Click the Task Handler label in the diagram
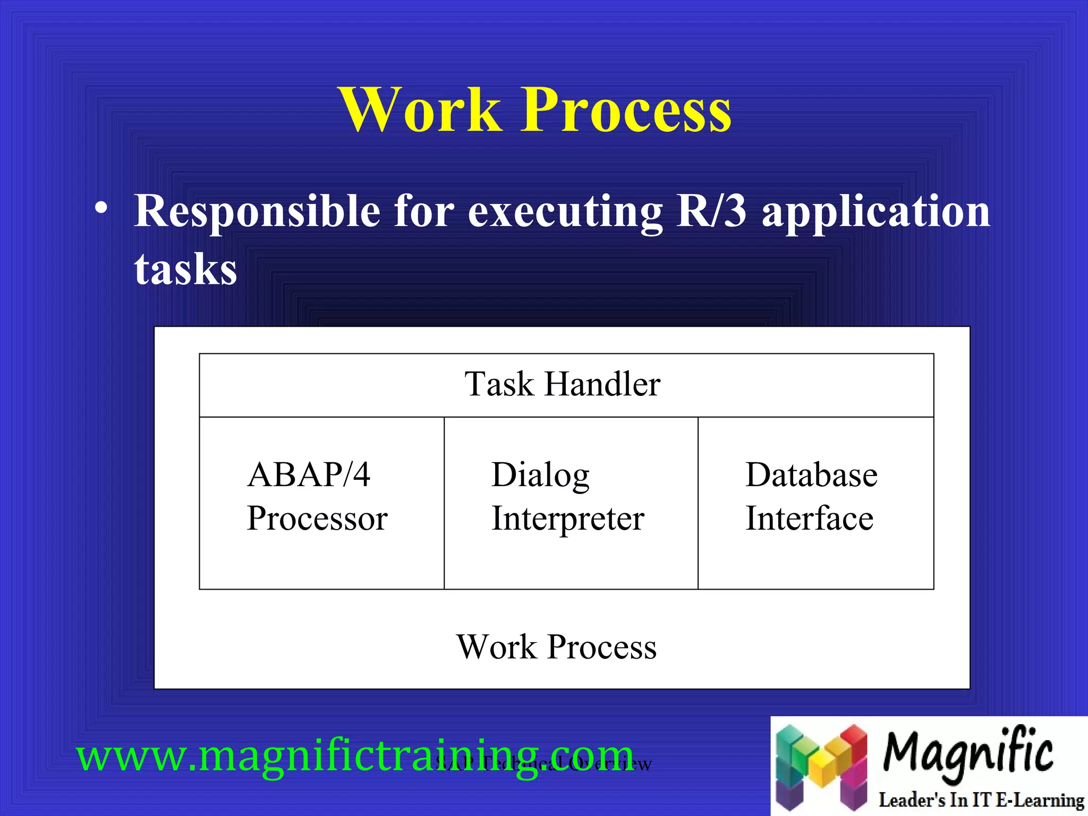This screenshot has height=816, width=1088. [562, 384]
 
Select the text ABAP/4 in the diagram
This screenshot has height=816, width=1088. [309, 474]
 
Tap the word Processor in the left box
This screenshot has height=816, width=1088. [317, 518]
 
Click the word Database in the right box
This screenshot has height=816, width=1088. [811, 474]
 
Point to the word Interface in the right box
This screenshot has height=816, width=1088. [809, 518]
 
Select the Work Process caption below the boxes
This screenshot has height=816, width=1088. [556, 647]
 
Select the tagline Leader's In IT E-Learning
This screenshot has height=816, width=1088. [981, 800]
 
